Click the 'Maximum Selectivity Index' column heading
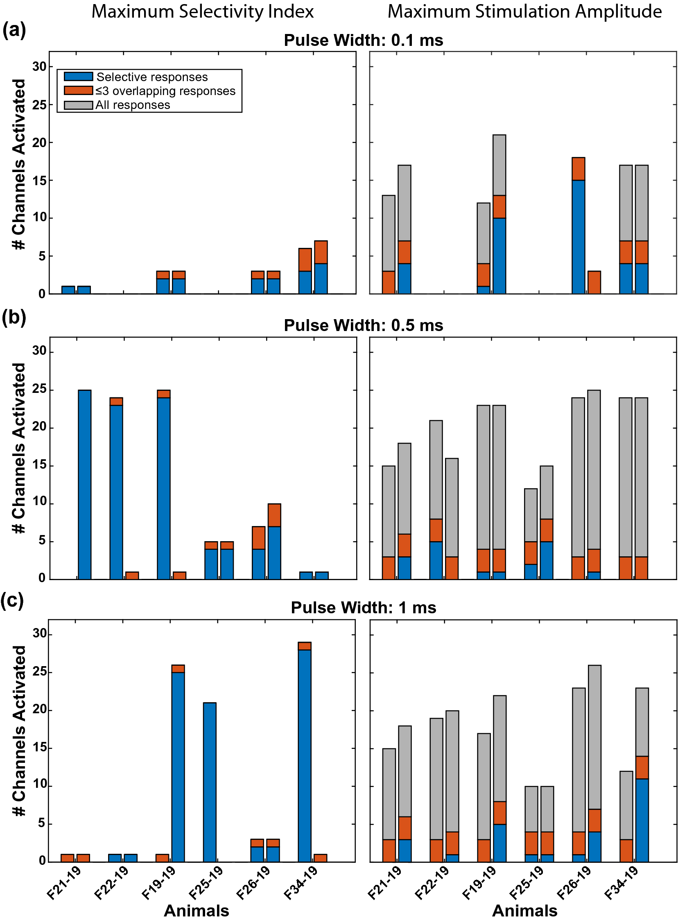202,11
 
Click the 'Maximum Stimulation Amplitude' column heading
524,11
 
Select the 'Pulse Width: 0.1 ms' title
363,40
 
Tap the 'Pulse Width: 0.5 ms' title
363,325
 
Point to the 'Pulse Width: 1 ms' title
363,608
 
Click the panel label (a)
14,31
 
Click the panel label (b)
14,317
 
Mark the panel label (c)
12,600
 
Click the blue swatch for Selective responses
78,77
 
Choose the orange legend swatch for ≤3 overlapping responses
78,90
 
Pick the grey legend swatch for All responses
78,105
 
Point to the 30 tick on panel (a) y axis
39,66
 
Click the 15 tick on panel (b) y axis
39,466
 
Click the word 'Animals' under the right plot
524,911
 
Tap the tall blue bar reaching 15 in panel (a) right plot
578,236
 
